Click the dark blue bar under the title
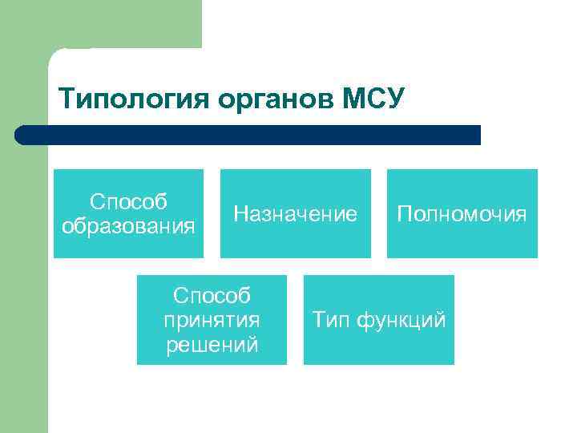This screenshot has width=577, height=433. point(248,135)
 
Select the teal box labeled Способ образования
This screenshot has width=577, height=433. point(128,213)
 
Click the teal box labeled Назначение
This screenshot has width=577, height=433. point(295,213)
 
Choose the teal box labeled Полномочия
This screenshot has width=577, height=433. point(462,213)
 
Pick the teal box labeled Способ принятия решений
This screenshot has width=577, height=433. point(212,320)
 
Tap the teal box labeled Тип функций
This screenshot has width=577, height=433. point(378,320)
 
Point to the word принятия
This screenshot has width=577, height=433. point(212,320)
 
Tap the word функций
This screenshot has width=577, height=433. point(400,320)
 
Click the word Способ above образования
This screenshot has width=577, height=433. point(128,201)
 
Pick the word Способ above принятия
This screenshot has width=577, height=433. point(212,296)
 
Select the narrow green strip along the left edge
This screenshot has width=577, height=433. point(23,281)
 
